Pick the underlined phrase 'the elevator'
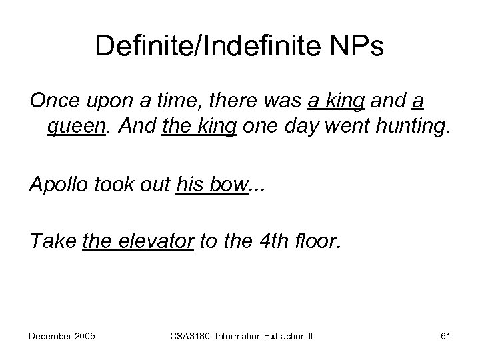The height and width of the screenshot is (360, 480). tap(138, 243)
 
